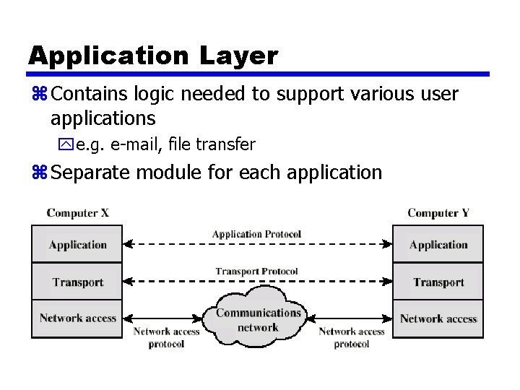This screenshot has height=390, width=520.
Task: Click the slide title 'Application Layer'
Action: tap(152, 56)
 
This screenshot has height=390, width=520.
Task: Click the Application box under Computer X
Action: tap(77, 244)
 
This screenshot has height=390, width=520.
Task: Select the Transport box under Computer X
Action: tap(77, 282)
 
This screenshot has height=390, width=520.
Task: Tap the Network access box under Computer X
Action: tap(77, 318)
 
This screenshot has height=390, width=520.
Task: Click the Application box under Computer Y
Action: tap(438, 244)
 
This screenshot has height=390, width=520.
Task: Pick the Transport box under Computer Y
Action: tap(438, 282)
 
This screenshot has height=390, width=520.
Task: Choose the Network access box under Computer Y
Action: tap(438, 318)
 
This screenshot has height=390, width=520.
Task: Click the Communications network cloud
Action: tap(258, 319)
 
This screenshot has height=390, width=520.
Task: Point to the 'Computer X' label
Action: tap(78, 213)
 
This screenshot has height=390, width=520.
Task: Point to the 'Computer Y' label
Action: tap(438, 213)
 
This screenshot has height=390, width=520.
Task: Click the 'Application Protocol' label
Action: tap(256, 234)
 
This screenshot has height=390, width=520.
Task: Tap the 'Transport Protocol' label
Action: tap(256, 272)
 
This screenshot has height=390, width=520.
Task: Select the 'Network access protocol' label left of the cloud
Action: tap(166, 338)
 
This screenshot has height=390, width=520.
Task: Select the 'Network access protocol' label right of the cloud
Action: tap(352, 338)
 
